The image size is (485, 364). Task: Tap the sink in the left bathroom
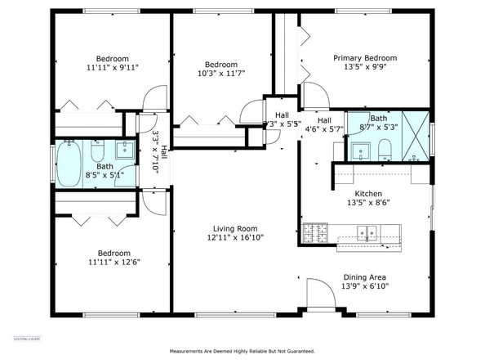click(x=125, y=150)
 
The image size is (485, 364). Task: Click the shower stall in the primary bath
click(x=416, y=137)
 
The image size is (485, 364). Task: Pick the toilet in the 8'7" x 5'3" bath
click(x=384, y=148)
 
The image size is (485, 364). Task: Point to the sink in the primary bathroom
click(x=359, y=150)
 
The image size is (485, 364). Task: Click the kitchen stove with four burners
click(x=313, y=234)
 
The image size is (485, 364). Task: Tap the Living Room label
click(x=235, y=228)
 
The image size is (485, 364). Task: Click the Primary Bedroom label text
click(x=365, y=58)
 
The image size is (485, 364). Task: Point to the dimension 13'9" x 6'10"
click(x=365, y=287)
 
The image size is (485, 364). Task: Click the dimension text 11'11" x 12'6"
click(x=112, y=263)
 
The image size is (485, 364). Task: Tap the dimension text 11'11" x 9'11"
click(x=112, y=68)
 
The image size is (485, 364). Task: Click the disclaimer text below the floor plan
click(x=242, y=352)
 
